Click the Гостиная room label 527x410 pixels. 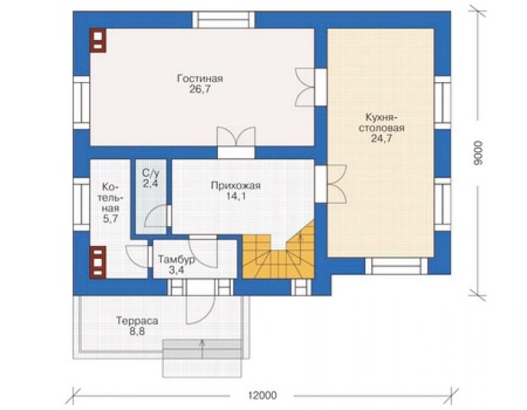[x=200, y=78]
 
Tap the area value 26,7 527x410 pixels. [x=199, y=90]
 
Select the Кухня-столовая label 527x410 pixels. [x=382, y=123]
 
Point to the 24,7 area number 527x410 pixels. [x=382, y=138]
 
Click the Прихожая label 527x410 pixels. [x=236, y=185]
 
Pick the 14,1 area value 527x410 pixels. [x=236, y=196]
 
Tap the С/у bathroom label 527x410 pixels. [x=150, y=173]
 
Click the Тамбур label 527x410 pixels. [x=176, y=260]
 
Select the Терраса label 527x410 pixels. [x=137, y=321]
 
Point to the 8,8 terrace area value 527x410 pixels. [x=137, y=332]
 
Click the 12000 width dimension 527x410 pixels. [x=263, y=395]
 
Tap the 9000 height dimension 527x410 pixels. [x=479, y=153]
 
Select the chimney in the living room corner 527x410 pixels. [x=98, y=41]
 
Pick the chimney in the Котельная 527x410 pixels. [x=98, y=262]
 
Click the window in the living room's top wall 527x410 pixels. [x=224, y=19]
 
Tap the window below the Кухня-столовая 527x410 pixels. [x=396, y=265]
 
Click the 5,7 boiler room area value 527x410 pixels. [x=110, y=219]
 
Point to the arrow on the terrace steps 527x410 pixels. [x=202, y=349]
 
